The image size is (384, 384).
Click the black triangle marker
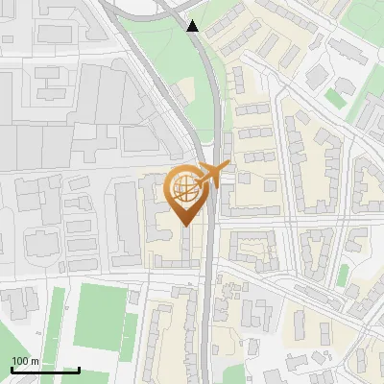[193, 26]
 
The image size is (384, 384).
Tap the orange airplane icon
[214, 175]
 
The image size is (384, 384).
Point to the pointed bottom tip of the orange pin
[185, 227]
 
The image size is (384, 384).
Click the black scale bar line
[44, 370]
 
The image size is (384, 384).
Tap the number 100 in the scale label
[20, 361]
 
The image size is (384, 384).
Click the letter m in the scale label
[35, 361]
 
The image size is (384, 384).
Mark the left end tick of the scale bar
[11, 368]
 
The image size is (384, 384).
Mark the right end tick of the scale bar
[79, 368]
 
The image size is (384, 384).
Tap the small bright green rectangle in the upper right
[336, 97]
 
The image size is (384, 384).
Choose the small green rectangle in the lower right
[343, 276]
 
